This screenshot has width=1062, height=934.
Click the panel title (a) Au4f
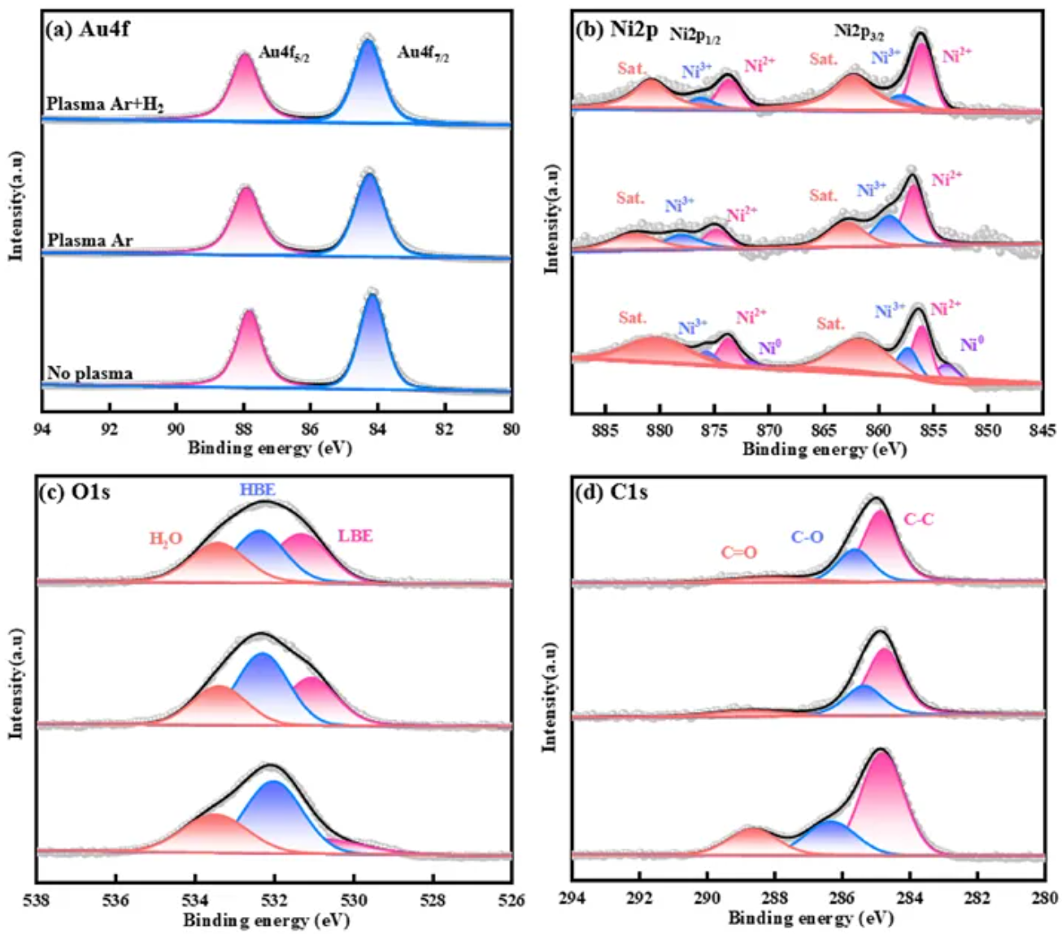coord(89,30)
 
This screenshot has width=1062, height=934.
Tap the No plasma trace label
coord(89,373)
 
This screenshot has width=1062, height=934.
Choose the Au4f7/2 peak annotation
coord(423,54)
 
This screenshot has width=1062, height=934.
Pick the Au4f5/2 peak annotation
coord(285,54)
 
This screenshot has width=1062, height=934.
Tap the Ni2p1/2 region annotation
coord(695,35)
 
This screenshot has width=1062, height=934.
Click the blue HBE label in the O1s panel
coord(257,490)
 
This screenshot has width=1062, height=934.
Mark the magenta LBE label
coord(355,536)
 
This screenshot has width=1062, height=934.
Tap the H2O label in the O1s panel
coord(166,539)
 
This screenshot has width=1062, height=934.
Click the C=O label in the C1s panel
coord(738,552)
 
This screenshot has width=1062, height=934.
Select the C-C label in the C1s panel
coord(919,519)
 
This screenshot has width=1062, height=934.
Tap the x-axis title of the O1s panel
coord(266,920)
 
